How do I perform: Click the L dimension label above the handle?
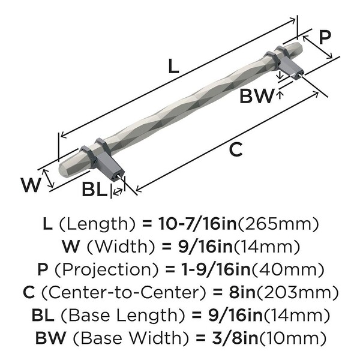pyautogui.click(x=172, y=67)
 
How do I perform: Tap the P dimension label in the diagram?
pyautogui.click(x=324, y=37)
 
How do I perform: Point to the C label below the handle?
pyautogui.click(x=236, y=149)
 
